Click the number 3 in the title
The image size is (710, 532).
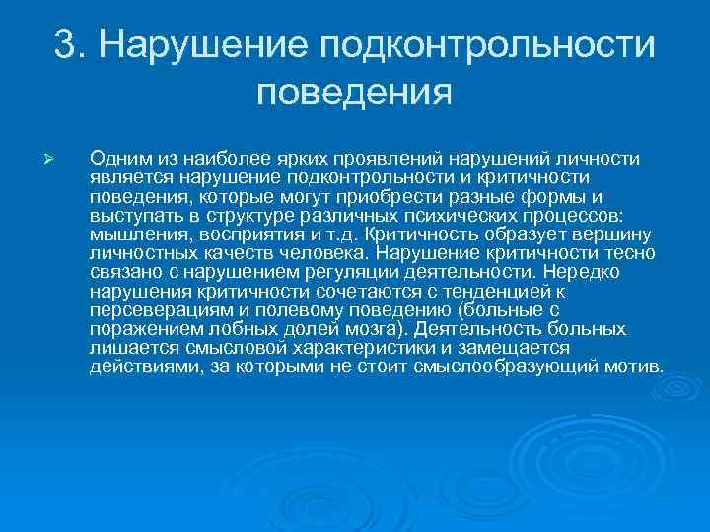[x=65, y=44]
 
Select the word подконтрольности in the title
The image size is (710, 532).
[x=487, y=44]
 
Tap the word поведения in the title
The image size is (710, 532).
[x=354, y=94]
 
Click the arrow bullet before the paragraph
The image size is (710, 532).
[x=58, y=159]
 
